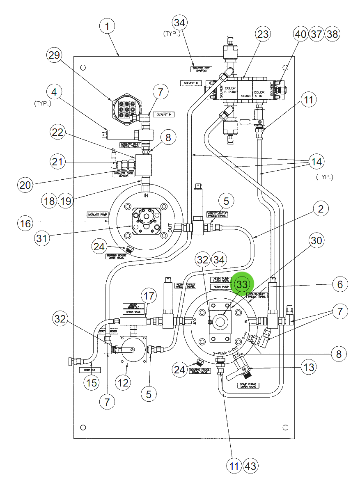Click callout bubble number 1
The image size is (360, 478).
point(107,27)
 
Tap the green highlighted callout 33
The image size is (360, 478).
point(242,284)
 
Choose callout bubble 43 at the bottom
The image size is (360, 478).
point(251,466)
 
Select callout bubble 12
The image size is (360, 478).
point(123,382)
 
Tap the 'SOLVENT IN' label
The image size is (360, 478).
point(191,83)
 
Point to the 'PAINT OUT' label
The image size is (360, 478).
point(89,370)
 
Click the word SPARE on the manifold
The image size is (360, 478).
point(245,96)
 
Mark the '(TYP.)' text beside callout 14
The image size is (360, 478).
point(325,177)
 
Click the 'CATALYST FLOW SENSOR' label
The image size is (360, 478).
point(124,174)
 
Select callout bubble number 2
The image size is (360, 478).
point(321,209)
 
